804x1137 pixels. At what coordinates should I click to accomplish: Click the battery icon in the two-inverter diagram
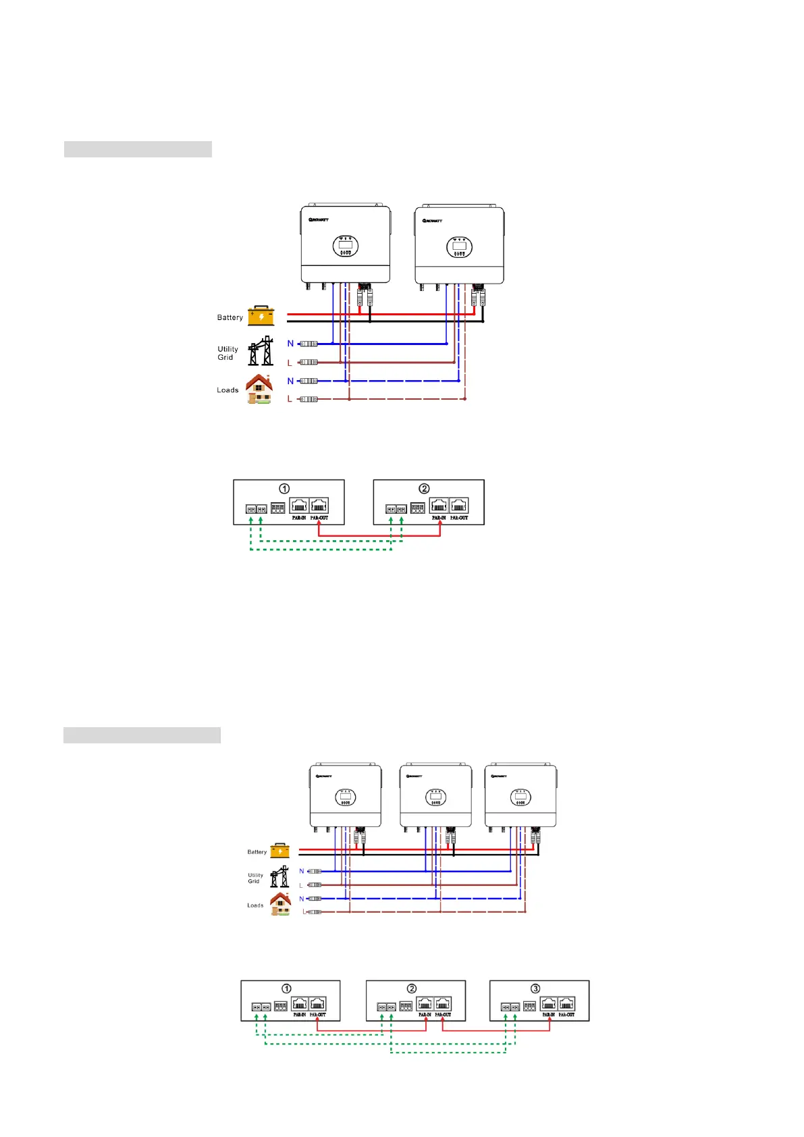click(x=261, y=316)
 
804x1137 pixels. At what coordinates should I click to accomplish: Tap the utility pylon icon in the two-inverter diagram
click(x=261, y=351)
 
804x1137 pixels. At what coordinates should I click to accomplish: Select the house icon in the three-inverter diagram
click(x=280, y=903)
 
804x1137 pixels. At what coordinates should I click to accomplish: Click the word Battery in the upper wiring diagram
click(x=230, y=317)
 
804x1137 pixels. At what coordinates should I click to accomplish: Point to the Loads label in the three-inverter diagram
click(x=255, y=905)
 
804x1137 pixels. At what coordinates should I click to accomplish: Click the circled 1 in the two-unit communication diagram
click(x=284, y=488)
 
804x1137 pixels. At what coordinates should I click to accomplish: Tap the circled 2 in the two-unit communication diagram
click(x=424, y=488)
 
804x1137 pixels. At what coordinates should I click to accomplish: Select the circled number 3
click(x=535, y=988)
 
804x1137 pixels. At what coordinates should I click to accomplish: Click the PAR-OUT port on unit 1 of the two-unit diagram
click(x=319, y=506)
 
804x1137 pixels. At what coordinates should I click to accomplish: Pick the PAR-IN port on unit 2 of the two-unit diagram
click(x=439, y=506)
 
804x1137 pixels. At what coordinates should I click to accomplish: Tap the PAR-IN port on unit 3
click(x=548, y=1004)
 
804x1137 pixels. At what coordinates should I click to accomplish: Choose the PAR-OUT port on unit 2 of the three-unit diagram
click(x=443, y=1004)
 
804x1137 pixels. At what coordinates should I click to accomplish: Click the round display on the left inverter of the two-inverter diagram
click(x=346, y=246)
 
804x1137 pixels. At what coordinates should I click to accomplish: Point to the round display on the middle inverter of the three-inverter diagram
click(x=435, y=798)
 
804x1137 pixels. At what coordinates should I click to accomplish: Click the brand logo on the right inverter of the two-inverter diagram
click(x=433, y=221)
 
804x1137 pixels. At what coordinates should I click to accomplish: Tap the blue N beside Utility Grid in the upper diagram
click(x=290, y=344)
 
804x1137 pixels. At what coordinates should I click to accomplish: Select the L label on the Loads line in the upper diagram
click(x=290, y=399)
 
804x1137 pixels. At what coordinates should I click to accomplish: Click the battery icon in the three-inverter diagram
click(x=279, y=851)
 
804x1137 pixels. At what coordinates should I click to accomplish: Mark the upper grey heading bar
click(x=138, y=149)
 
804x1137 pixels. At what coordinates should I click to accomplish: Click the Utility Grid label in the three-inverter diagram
click(x=255, y=878)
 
